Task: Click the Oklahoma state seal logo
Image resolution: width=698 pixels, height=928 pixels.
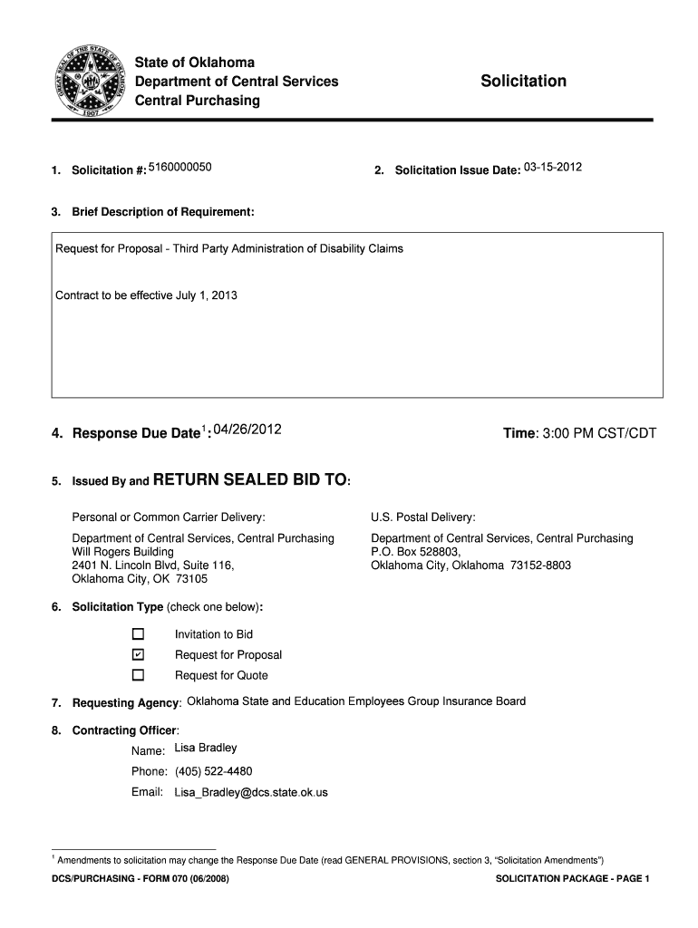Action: coord(89,82)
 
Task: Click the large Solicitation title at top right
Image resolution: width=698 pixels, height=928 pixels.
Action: coord(523,82)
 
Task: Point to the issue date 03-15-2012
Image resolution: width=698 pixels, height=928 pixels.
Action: coord(553,168)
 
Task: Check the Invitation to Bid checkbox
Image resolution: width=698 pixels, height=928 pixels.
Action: coord(138,634)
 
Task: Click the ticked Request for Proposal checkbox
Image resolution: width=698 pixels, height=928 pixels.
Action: coord(138,654)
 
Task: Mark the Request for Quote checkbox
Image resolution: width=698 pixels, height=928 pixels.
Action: coord(138,675)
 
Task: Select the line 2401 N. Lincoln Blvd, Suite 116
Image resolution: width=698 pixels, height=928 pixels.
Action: coord(153,565)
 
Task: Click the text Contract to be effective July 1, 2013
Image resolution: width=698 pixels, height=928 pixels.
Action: coord(147,295)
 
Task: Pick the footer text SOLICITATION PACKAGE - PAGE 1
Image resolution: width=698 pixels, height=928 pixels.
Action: coord(573,879)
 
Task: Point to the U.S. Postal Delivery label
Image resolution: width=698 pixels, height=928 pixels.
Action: coord(423,517)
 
